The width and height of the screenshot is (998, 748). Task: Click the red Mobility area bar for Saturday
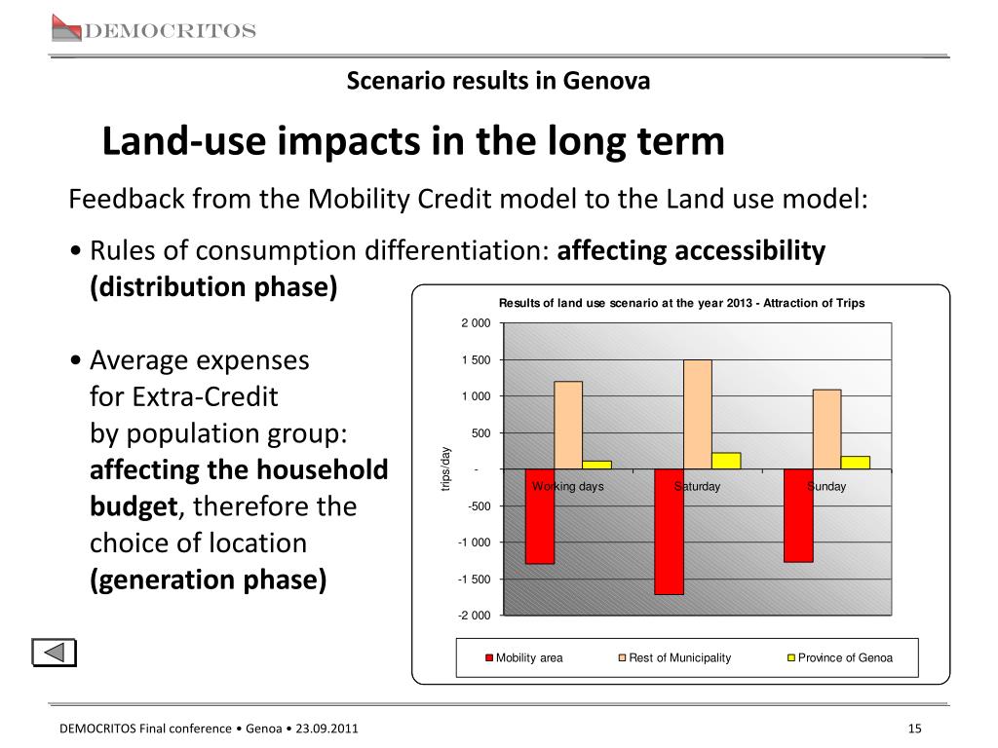[669, 532]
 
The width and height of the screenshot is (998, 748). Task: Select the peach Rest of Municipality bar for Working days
[568, 426]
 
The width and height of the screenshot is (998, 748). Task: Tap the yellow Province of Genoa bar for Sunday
[856, 463]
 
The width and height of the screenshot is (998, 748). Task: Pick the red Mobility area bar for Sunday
[798, 516]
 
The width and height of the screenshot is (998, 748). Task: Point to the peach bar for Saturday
[698, 415]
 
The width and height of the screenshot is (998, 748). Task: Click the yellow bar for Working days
[597, 465]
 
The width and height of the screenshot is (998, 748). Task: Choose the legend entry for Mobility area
[523, 657]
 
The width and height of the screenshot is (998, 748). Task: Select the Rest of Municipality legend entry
[674, 657]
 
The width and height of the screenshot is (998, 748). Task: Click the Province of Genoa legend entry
[840, 657]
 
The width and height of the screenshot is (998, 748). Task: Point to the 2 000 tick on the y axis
[476, 323]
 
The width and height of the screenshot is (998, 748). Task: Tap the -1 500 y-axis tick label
[475, 580]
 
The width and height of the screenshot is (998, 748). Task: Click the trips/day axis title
[445, 469]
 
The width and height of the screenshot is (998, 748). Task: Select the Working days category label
[568, 487]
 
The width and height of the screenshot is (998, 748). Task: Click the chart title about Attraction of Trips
[681, 304]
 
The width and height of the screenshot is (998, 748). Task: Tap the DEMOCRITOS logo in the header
[154, 29]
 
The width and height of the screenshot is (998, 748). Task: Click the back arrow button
[55, 653]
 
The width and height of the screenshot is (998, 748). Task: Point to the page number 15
[914, 729]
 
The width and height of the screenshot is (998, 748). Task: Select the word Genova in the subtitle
[606, 81]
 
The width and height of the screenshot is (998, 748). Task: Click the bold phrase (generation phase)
[209, 580]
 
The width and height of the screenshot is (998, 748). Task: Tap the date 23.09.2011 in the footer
[326, 729]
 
